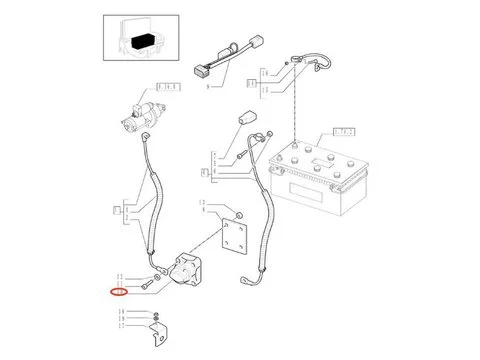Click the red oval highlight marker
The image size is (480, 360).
point(119,292)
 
